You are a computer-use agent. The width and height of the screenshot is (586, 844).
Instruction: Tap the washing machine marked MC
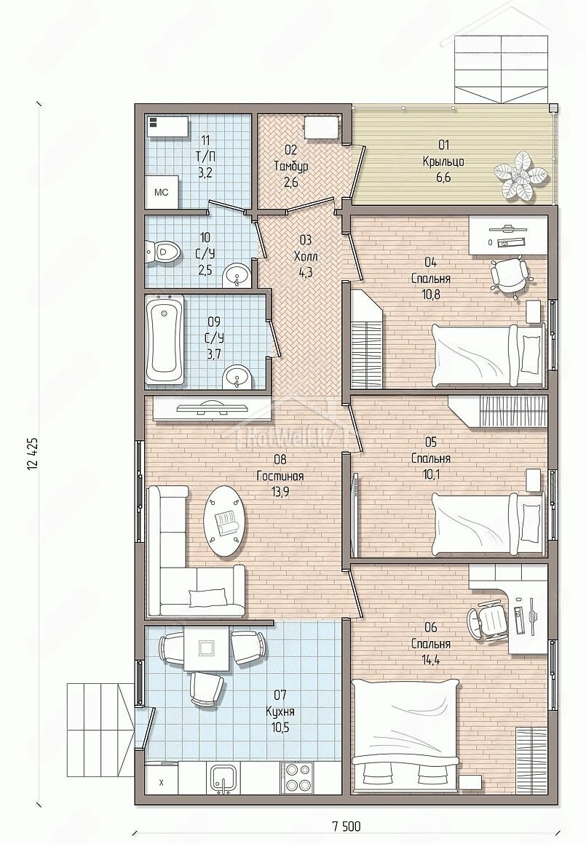click(162, 193)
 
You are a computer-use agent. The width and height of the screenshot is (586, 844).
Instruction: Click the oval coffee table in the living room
click(226, 521)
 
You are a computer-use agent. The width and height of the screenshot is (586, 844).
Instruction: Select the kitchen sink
click(222, 777)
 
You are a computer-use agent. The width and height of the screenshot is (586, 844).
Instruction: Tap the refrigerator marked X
click(161, 783)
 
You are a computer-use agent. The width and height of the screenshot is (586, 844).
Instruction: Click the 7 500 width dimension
click(347, 826)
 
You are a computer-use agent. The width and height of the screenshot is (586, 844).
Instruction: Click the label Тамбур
click(291, 167)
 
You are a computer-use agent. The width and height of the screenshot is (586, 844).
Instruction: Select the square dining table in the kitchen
click(205, 646)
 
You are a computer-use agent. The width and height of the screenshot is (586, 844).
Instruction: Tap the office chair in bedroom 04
click(508, 274)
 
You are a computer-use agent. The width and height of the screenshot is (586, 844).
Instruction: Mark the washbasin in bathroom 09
click(235, 376)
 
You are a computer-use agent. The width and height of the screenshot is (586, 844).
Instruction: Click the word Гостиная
click(280, 477)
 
